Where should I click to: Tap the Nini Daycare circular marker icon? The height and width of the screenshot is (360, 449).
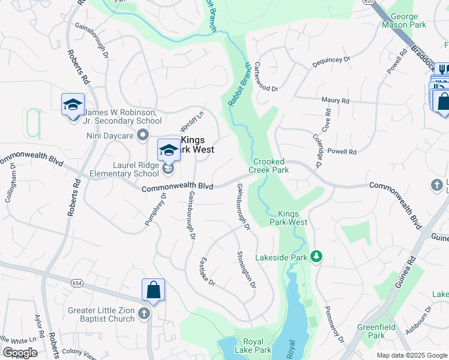[142, 136]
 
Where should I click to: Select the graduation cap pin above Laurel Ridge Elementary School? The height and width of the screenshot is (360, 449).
[169, 150]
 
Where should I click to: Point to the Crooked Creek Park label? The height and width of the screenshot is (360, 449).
[271, 166]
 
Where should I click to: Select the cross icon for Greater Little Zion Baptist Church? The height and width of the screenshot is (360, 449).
[143, 313]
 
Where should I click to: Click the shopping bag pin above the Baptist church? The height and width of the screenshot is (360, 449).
[154, 290]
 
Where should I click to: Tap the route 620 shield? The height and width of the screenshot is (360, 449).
[369, 2]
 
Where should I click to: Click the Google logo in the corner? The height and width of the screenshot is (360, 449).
[20, 353]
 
